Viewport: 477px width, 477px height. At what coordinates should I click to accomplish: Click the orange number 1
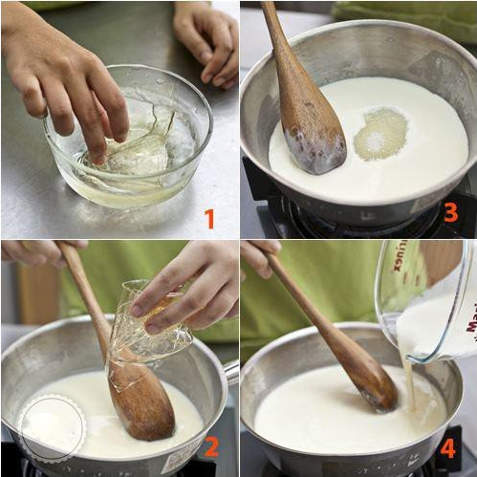pyautogui.click(x=209, y=219)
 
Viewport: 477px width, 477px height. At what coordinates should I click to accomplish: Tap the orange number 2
pyautogui.click(x=212, y=445)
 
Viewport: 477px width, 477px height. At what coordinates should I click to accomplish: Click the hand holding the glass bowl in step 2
pyautogui.click(x=191, y=287)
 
